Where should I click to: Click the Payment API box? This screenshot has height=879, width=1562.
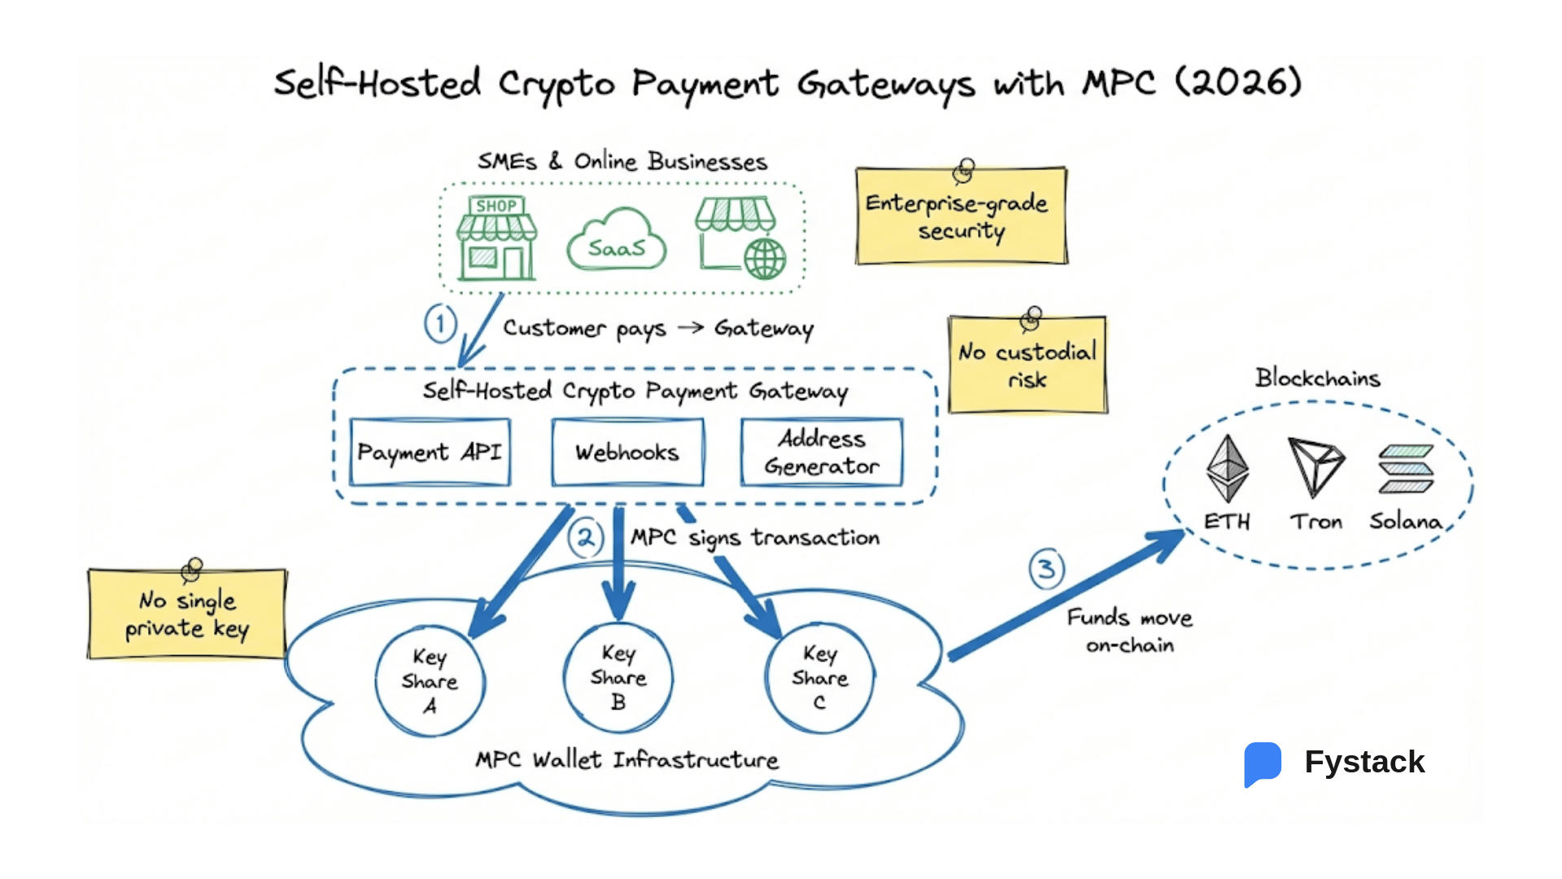coord(430,453)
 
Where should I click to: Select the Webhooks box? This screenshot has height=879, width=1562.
coord(627,453)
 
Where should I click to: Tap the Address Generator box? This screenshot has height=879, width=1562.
coord(822,453)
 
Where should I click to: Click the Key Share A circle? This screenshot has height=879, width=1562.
coord(430,680)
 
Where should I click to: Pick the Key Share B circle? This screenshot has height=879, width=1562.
coord(618,677)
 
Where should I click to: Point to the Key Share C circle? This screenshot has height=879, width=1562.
coord(819,677)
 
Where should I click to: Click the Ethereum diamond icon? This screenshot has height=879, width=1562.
coord(1227,468)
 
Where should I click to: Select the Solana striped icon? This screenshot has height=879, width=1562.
coord(1406,469)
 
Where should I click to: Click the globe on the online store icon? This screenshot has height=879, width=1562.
coord(765,259)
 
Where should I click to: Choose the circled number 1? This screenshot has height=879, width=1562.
coord(440,324)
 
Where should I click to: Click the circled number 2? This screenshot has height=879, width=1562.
coord(586,538)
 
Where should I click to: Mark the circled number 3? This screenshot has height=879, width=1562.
coord(1046,569)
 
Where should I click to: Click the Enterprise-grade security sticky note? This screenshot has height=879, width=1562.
coord(961,216)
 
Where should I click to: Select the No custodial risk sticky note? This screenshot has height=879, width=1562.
coord(1028,365)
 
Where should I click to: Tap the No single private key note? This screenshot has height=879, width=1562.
coord(187,614)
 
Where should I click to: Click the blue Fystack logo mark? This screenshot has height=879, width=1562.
coord(1262,763)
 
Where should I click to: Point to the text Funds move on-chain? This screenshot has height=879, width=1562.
coord(1129,631)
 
